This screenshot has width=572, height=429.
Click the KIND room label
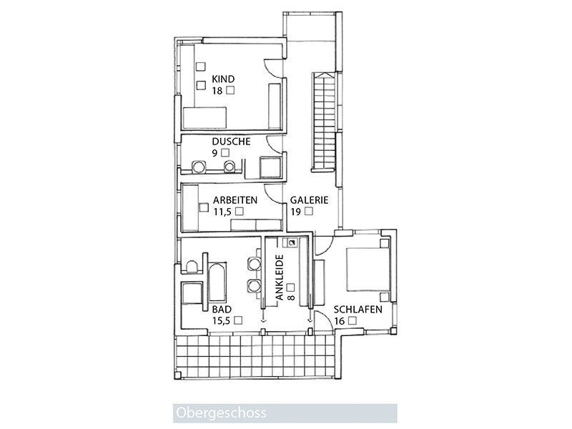point(223,79)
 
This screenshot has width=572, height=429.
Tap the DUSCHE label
point(231,142)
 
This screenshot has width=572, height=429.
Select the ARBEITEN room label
point(235,200)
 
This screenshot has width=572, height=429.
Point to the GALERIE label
point(310,200)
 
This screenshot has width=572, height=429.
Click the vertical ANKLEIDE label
point(280,277)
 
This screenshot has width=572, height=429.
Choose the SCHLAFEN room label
point(358,310)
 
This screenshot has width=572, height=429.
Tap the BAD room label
point(222,310)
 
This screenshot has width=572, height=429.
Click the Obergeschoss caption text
point(221,413)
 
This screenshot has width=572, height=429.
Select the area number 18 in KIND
point(217,91)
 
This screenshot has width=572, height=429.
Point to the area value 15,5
point(222,320)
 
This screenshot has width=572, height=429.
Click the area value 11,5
point(222,212)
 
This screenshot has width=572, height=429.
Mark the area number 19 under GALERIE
point(295,212)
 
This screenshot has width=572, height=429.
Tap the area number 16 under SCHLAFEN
point(339,321)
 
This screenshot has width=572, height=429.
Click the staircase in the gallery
point(323,122)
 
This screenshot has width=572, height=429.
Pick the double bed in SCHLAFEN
point(368,270)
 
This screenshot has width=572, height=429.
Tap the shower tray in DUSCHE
point(270,167)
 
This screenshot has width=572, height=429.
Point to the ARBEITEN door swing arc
point(274,193)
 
